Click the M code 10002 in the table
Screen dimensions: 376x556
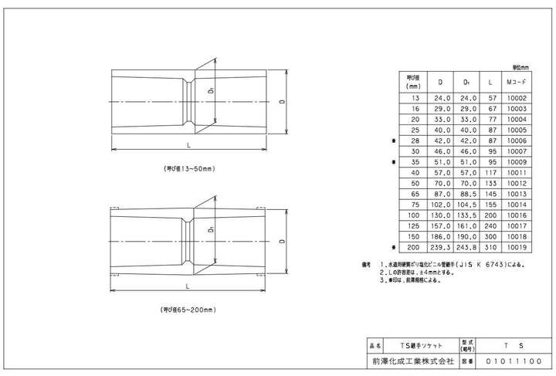coord(516,99)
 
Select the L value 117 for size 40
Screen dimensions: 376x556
coord(490,174)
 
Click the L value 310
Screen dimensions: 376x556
coord(490,247)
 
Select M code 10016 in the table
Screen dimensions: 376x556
coord(516,215)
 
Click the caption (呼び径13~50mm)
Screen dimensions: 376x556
coord(188,168)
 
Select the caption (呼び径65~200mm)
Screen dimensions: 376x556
coord(188,310)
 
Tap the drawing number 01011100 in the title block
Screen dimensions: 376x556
coord(513,360)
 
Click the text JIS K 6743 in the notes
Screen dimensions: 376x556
coord(480,264)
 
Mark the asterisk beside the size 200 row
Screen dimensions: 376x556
coord(395,247)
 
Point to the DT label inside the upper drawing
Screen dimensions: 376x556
coord(211,92)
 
